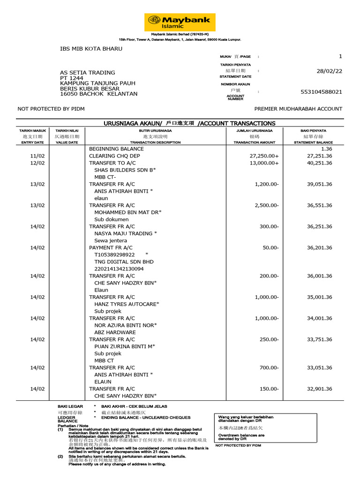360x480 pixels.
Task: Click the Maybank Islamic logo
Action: click(x=180, y=22)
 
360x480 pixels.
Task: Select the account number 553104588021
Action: click(x=321, y=92)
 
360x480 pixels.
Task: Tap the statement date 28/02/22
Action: click(x=330, y=71)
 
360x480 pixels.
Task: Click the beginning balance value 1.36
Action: click(x=326, y=149)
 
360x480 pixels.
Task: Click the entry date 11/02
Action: click(x=37, y=156)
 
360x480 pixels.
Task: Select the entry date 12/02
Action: click(x=37, y=163)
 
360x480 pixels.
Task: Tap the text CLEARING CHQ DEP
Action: click(x=114, y=156)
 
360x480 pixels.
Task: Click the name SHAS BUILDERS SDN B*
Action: click(x=125, y=170)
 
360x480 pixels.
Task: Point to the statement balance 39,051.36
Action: click(x=320, y=184)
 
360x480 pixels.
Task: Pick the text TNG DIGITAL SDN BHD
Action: click(x=124, y=262)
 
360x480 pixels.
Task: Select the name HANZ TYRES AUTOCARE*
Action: click(x=127, y=304)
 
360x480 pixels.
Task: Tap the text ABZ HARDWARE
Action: click(x=114, y=332)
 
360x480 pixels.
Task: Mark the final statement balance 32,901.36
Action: click(x=320, y=389)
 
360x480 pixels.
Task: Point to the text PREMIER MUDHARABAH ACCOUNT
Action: click(x=298, y=109)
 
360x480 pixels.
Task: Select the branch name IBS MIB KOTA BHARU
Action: click(x=91, y=49)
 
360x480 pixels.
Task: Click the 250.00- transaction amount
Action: click(x=269, y=339)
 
